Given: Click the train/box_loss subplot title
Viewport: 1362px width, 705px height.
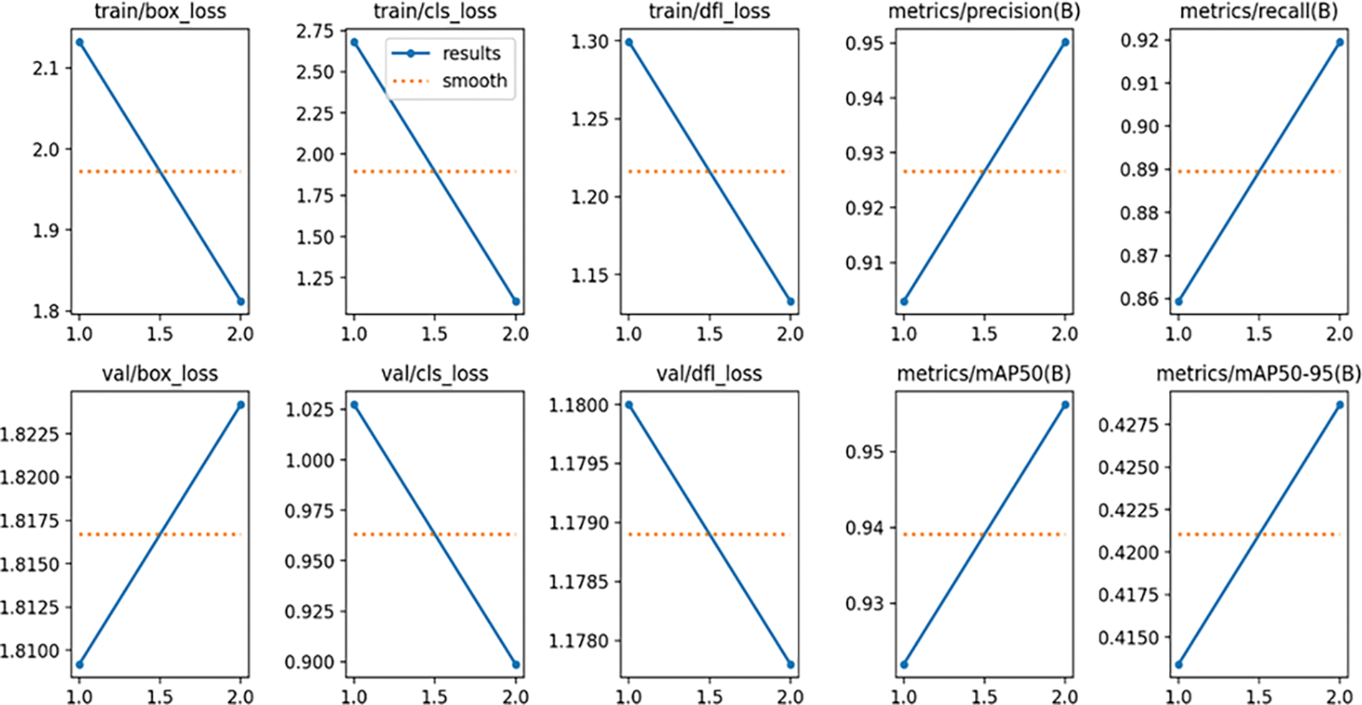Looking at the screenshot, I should click(x=160, y=11).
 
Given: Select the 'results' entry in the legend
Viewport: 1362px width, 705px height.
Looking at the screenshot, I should click(x=471, y=53).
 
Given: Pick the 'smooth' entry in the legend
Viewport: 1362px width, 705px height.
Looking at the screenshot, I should click(x=474, y=81).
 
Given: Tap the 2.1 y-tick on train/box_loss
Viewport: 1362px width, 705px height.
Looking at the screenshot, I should click(x=47, y=68).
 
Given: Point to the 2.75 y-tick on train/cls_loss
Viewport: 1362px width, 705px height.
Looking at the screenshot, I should click(x=315, y=31).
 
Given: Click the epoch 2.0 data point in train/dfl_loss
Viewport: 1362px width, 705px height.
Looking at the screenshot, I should click(x=791, y=301).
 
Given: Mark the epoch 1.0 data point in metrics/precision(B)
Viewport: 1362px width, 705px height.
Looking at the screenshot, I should click(x=904, y=301).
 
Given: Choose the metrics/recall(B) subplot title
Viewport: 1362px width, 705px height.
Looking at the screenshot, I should click(x=1258, y=11).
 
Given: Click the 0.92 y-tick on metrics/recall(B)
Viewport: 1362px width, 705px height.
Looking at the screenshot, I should click(x=1140, y=40).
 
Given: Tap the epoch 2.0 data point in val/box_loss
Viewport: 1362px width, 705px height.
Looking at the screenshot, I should click(x=241, y=405).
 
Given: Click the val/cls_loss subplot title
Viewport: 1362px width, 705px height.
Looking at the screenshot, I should click(x=434, y=374).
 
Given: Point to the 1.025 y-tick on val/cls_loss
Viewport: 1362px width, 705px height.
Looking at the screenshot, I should click(x=310, y=410).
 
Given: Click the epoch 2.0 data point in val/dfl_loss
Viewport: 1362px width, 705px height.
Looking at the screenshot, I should click(x=791, y=665).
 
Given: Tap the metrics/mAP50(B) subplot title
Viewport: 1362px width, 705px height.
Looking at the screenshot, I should click(x=984, y=374).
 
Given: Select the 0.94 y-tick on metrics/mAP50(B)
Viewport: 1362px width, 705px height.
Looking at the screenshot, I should click(x=865, y=528).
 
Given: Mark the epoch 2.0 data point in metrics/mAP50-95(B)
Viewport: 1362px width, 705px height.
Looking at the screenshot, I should click(x=1340, y=405).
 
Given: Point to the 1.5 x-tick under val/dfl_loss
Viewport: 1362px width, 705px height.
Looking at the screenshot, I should click(x=710, y=696).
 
